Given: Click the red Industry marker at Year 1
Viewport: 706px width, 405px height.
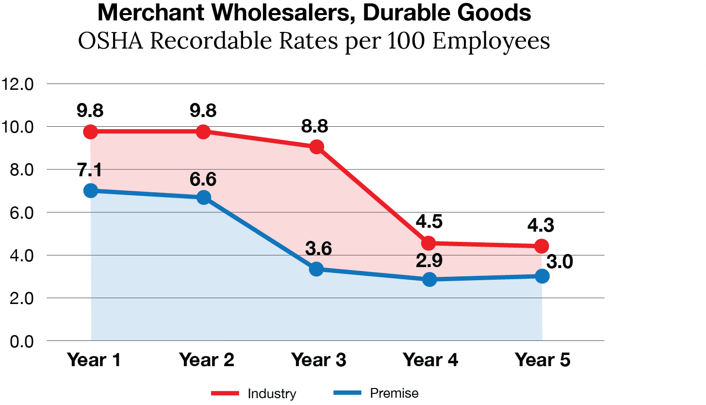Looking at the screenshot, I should [90, 132].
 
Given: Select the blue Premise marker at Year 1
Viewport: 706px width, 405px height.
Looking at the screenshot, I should [90, 190].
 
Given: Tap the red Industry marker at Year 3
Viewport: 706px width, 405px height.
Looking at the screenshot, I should [316, 146].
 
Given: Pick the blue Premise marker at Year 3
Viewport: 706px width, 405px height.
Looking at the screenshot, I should [316, 269].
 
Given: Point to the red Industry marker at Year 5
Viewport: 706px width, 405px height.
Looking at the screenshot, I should [542, 246].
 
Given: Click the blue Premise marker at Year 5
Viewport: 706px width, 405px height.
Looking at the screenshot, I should [542, 276].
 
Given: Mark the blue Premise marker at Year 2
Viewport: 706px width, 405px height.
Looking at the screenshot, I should [204, 197].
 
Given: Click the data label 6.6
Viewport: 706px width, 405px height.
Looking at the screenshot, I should [203, 179].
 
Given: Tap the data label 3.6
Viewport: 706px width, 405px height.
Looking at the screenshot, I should [318, 249].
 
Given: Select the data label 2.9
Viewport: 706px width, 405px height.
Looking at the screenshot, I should [429, 261].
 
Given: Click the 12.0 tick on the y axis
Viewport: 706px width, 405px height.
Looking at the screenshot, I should [17, 84].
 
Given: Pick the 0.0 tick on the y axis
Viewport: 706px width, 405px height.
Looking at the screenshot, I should [17, 341].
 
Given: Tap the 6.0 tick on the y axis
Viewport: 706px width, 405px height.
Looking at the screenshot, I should [17, 213].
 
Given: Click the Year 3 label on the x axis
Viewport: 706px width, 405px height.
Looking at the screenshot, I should [319, 360].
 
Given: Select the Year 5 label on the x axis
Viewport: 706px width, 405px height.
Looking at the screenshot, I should [542, 360].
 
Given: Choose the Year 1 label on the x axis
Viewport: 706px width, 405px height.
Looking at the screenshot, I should [94, 360].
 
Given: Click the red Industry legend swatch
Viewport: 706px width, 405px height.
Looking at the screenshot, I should [225, 393].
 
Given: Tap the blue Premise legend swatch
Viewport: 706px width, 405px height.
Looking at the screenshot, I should [347, 392].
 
